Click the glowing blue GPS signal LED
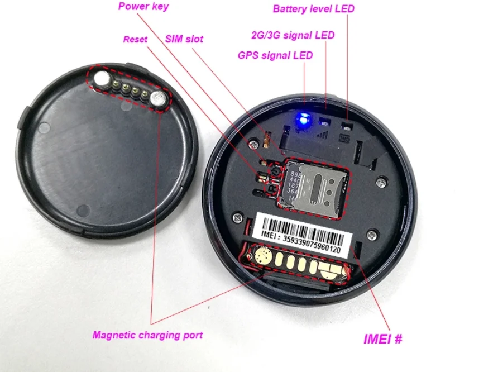[304, 118]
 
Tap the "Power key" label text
[143, 7]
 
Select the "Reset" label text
[135, 40]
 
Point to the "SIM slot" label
[184, 39]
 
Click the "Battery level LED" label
[313, 9]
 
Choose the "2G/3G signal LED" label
[293, 35]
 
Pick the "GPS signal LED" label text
[275, 55]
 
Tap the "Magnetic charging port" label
[147, 335]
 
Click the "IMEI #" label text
[382, 338]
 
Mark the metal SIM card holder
[317, 185]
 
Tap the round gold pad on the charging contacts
[262, 257]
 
